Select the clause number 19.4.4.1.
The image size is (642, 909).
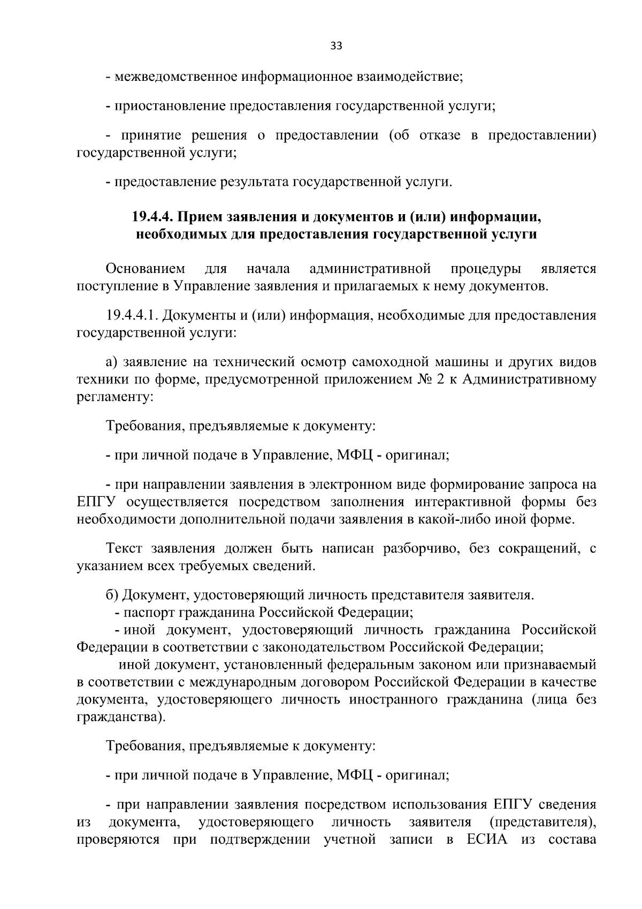[131, 315]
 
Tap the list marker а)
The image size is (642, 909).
[112, 362]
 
